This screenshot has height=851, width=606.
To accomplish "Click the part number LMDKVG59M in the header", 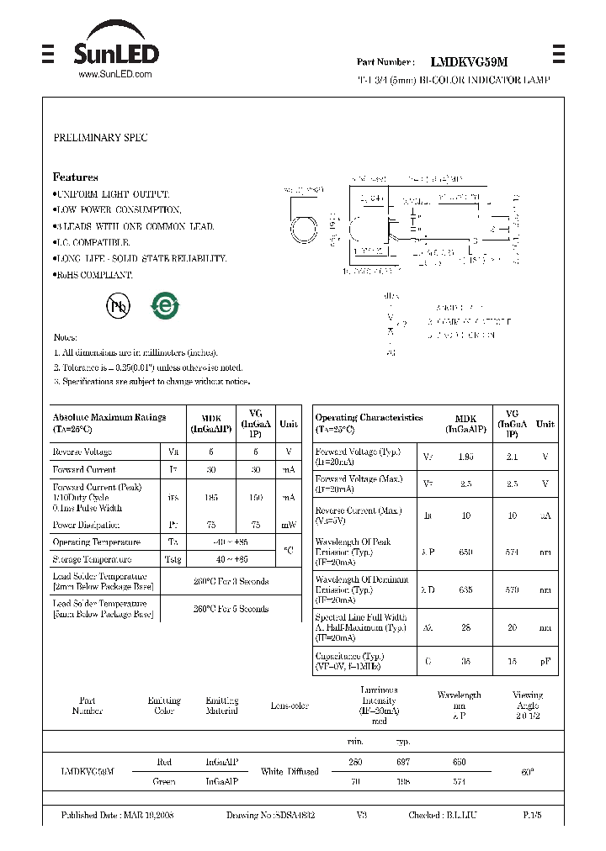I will point(469,62).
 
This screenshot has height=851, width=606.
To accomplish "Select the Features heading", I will point(76,177).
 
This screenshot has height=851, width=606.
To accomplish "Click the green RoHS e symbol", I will point(164,306).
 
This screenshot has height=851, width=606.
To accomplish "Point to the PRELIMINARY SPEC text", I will point(100,138).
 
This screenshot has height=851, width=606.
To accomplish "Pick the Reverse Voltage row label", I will point(82,452).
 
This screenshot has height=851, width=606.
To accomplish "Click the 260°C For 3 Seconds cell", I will point(231,582).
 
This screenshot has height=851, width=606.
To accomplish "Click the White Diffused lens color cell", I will point(290,771).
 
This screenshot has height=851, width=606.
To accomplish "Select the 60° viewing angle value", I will point(527,771).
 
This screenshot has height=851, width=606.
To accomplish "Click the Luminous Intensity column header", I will point(379,705).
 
